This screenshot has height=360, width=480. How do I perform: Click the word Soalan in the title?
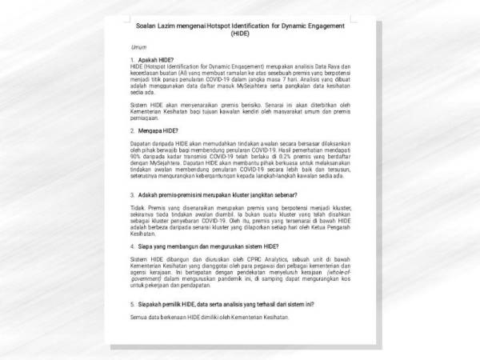pyautogui.click(x=147, y=26)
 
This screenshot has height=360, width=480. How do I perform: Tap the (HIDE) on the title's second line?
pyautogui.click(x=239, y=34)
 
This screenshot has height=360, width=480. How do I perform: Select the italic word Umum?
pyautogui.click(x=138, y=47)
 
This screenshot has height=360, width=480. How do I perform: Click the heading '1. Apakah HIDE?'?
pyautogui.click(x=152, y=60)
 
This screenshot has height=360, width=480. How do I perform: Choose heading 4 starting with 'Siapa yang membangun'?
pyautogui.click(x=204, y=247)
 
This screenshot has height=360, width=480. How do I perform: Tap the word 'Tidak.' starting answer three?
pyautogui.click(x=137, y=206)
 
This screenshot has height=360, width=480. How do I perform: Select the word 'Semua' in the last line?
pyautogui.click(x=139, y=318)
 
